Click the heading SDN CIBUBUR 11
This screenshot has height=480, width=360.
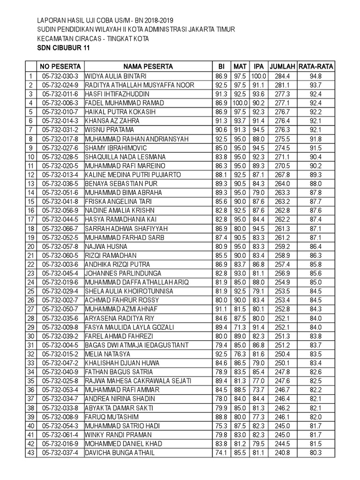coord(63,48)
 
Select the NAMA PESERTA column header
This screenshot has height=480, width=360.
coord(148,67)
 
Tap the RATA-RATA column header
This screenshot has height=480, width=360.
coord(316,67)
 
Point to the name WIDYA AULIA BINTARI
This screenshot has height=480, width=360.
coord(116,76)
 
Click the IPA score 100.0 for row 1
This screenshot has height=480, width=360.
coord(258,76)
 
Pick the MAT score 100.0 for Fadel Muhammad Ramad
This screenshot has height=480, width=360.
coord(240,103)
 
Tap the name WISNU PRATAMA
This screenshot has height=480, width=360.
coord(109,130)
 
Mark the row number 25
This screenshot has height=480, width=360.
coord(31,291)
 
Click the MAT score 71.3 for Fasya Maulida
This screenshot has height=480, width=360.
coord(240,327)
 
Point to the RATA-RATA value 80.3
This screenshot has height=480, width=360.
coord(316,453)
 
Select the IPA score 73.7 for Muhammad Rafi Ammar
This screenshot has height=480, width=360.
coord(258,390)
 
